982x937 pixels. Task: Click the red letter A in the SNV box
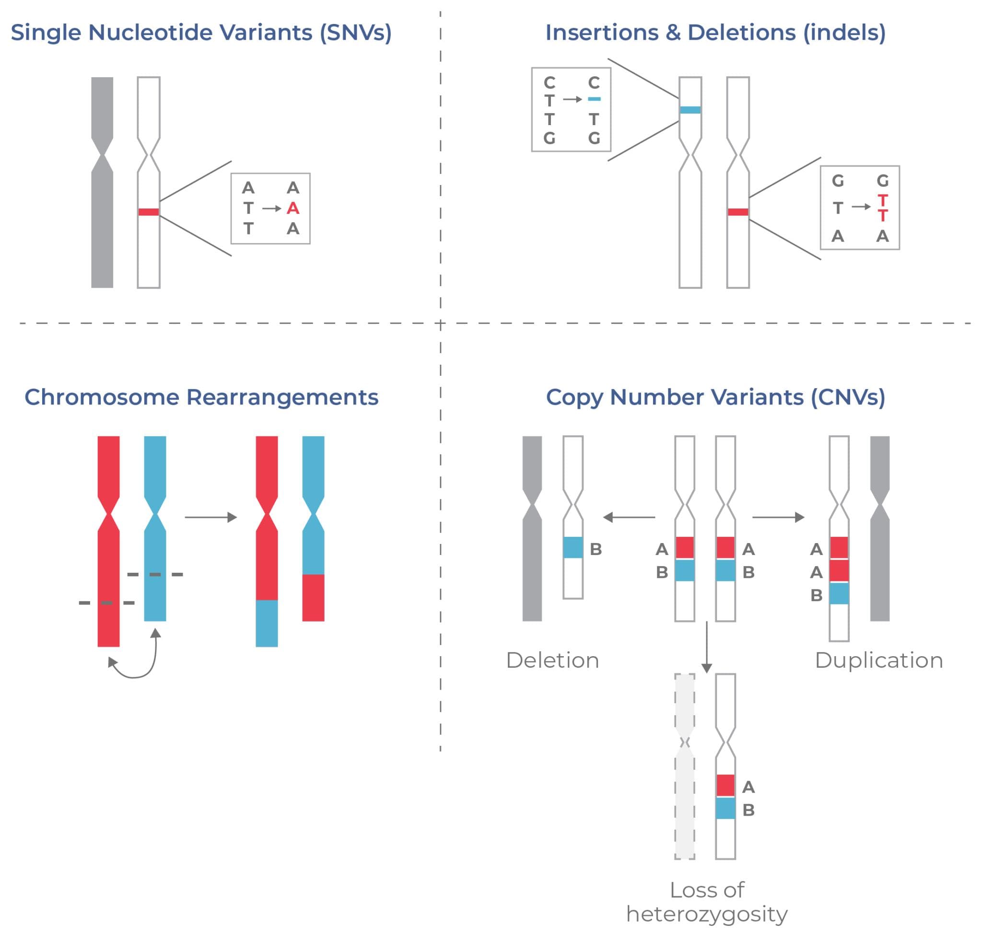[293, 208]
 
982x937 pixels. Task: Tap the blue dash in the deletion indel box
[594, 99]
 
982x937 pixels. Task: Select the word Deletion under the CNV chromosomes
[552, 660]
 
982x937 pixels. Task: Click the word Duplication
[878, 660]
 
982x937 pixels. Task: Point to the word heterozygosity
[707, 914]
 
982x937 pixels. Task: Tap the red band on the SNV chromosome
[149, 212]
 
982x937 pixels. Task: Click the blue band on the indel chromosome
[690, 110]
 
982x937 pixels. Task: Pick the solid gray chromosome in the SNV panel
[102, 225]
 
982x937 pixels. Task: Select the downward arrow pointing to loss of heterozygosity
[707, 647]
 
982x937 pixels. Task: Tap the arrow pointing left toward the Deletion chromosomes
[629, 518]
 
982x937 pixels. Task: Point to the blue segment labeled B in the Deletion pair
[573, 547]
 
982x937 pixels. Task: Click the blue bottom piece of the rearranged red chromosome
[267, 623]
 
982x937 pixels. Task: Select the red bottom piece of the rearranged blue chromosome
[313, 597]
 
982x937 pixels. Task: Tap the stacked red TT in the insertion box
[883, 208]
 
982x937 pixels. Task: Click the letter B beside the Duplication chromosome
[816, 595]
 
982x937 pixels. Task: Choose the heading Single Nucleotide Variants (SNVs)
[201, 33]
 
